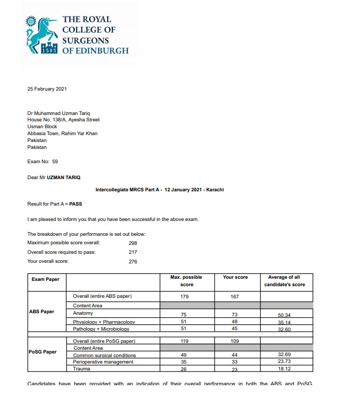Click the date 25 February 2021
tap(47, 89)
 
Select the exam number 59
tap(55, 162)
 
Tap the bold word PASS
tap(76, 203)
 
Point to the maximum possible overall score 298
tap(133, 242)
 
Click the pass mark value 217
tap(133, 252)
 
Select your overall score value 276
tap(133, 261)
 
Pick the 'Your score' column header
tap(235, 277)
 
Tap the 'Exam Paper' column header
tap(46, 279)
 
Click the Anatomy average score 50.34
tap(284, 315)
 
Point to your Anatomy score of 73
tap(235, 315)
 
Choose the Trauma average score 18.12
tap(284, 369)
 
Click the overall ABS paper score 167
tap(235, 297)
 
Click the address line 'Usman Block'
tap(42, 127)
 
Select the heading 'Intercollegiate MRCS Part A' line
tap(159, 189)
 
